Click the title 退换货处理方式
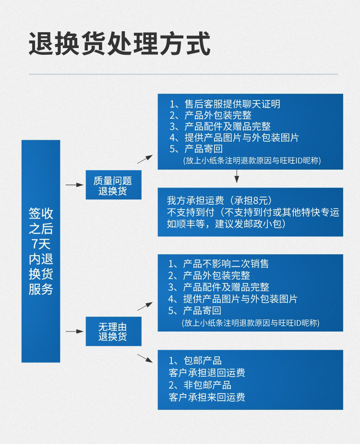tap(120, 44)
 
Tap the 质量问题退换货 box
tap(113, 185)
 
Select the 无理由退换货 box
tap(113, 331)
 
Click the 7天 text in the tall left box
tap(41, 243)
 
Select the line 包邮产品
tap(195, 361)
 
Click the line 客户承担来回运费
tap(207, 397)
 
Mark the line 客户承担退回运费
tap(207, 373)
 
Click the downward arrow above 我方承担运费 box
tap(237, 178)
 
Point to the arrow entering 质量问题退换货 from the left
tap(74, 185)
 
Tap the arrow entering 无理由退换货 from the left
tap(74, 331)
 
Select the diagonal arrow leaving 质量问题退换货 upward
tap(145, 159)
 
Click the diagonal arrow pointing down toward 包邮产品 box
tap(145, 358)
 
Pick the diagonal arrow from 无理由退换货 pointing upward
tap(145, 306)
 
